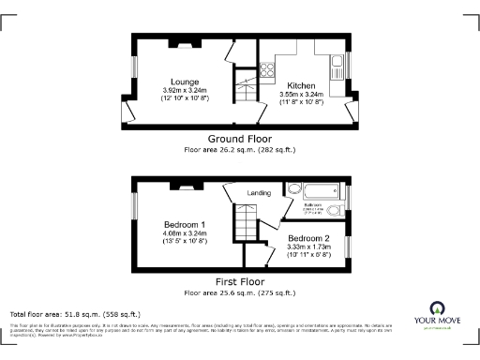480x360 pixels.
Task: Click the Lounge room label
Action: pyautogui.click(x=184, y=82)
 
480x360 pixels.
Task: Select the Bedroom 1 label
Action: pyautogui.click(x=184, y=225)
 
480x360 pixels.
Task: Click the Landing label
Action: pyautogui.click(x=259, y=193)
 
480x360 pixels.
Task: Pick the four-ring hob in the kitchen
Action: pyautogui.click(x=265, y=69)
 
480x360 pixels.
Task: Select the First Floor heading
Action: pyautogui.click(x=239, y=281)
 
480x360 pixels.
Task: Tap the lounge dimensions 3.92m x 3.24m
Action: pyautogui.click(x=184, y=91)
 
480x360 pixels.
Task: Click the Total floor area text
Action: pyautogui.click(x=74, y=314)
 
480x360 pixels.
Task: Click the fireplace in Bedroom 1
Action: pyautogui.click(x=179, y=185)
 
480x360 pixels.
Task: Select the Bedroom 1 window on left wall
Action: pyautogui.click(x=132, y=207)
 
